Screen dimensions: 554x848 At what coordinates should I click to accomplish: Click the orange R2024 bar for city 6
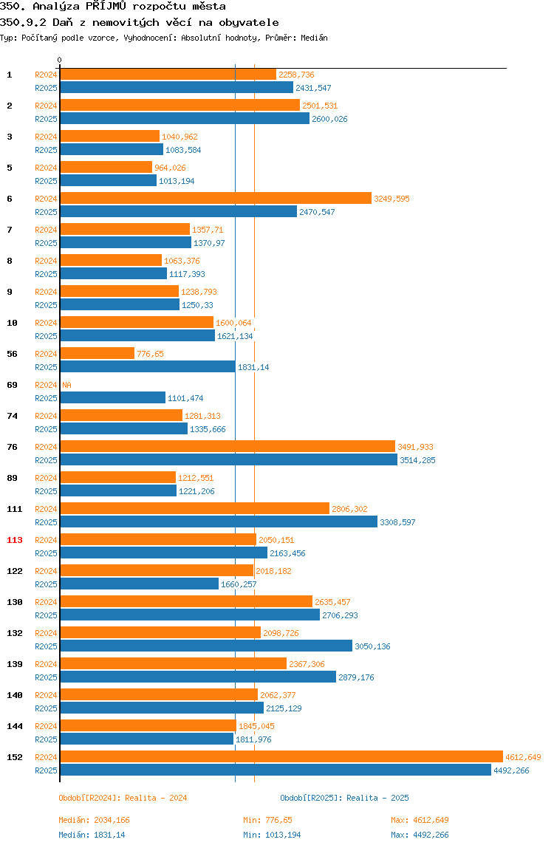tap(216, 199)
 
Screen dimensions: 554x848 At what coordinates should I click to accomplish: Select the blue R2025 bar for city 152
tap(276, 770)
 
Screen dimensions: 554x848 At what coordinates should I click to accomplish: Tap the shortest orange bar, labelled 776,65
tap(98, 354)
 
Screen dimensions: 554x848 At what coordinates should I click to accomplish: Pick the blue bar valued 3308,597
tap(219, 522)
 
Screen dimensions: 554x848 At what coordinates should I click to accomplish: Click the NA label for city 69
tap(66, 385)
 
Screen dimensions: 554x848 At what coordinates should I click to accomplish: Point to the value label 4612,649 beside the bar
tap(523, 757)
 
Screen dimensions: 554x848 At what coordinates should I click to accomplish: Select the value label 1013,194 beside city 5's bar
tap(177, 181)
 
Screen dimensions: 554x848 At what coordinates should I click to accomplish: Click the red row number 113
tap(15, 540)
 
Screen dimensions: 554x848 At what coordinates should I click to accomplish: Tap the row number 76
tap(12, 447)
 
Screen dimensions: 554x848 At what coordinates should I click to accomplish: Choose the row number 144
tap(15, 726)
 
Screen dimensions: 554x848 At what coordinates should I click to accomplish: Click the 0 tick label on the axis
tap(60, 60)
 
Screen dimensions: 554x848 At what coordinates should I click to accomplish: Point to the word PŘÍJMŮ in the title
tap(106, 7)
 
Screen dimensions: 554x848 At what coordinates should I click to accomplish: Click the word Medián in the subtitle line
tap(314, 38)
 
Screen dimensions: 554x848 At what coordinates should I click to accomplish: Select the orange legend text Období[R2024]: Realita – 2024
tap(123, 798)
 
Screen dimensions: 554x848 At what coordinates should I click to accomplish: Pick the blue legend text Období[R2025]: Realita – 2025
tap(345, 798)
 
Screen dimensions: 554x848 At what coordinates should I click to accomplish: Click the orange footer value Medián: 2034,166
tap(94, 820)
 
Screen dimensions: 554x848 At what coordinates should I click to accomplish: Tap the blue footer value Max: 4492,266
tap(420, 835)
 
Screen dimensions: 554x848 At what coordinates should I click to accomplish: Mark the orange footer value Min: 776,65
tap(268, 820)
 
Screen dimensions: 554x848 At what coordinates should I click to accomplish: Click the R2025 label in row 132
tap(46, 646)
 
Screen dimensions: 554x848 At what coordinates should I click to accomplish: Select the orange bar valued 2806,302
tap(195, 508)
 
